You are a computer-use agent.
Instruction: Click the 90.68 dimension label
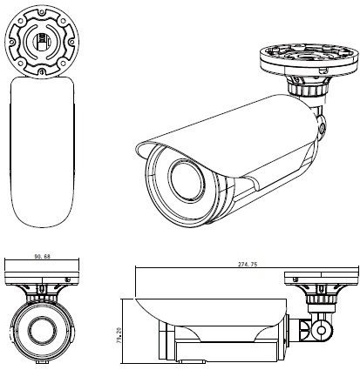tap(43, 256)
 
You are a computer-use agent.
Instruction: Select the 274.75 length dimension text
tap(248, 265)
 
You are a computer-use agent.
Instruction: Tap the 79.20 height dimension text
tap(119, 336)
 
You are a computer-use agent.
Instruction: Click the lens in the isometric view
tap(187, 180)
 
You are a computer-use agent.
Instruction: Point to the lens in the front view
tap(43, 329)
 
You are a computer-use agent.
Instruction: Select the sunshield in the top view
tap(42, 151)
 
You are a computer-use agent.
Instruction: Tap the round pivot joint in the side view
tap(321, 330)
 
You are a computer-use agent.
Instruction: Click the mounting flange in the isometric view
tap(308, 60)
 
